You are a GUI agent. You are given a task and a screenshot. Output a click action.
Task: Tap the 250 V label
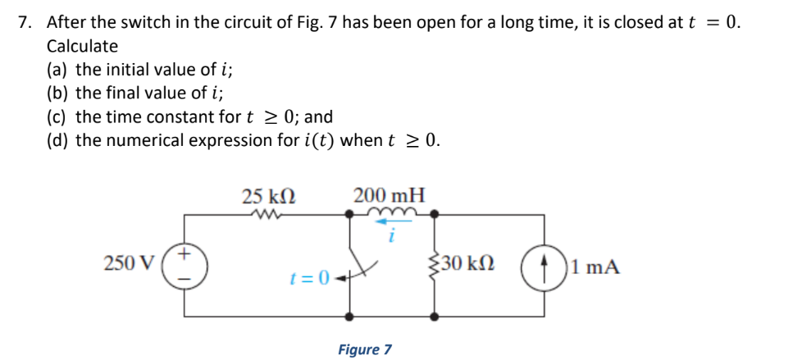click(x=128, y=264)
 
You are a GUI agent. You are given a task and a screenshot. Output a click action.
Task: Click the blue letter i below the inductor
click(x=392, y=238)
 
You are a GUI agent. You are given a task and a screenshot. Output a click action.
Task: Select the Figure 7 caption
click(x=365, y=349)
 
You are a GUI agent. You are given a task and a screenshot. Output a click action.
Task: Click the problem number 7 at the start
click(x=24, y=23)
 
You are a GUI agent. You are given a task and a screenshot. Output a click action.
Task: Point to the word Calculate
click(x=82, y=47)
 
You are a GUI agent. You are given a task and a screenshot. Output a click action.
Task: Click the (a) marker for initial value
click(x=59, y=70)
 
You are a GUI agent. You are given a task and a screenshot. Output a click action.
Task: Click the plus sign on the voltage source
click(x=185, y=255)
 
